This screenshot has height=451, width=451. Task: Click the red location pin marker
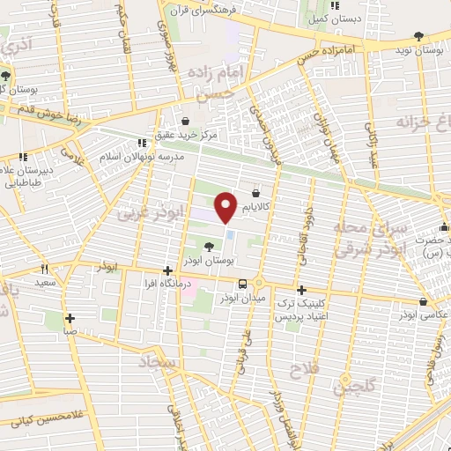pos(225,206)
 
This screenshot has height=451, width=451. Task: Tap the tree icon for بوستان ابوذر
pos(208,248)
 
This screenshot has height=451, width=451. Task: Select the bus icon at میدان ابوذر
pos(242,284)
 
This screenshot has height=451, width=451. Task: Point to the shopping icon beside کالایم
pos(255,192)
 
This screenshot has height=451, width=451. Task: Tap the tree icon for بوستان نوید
pos(418,36)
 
